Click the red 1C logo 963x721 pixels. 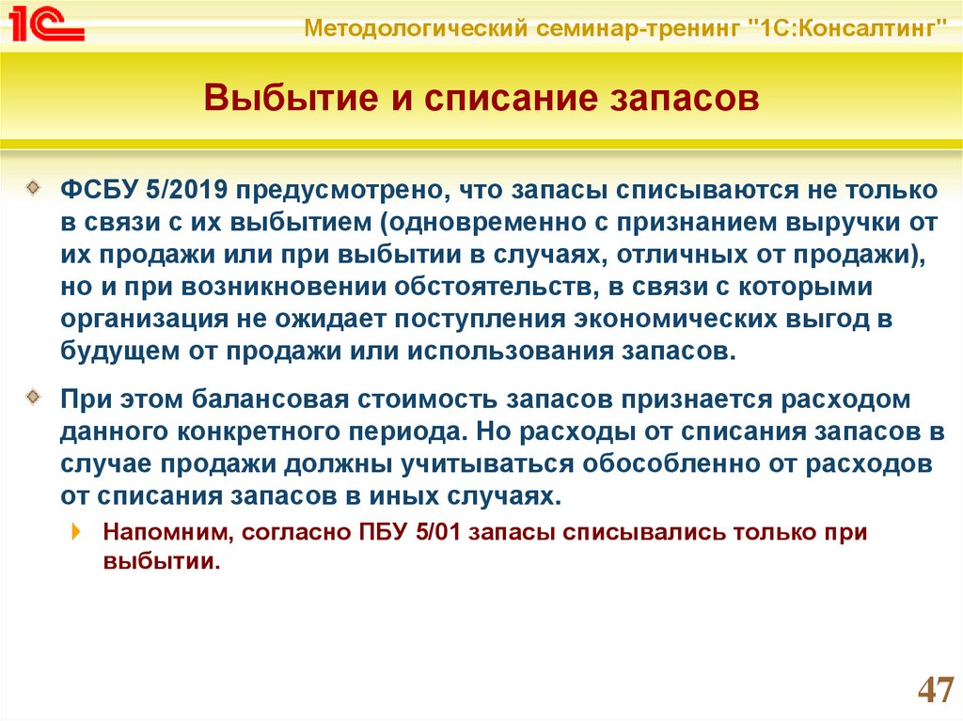point(47,24)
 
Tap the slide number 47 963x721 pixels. point(936,690)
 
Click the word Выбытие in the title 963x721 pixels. point(291,99)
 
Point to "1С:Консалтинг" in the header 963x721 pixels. point(850,27)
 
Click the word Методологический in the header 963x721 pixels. point(416,28)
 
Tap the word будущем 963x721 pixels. point(120,352)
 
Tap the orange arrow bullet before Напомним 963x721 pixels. point(76,531)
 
